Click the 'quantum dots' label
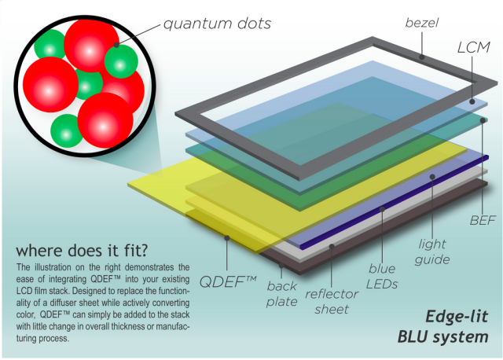coord(217,24)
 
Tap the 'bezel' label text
coord(421,23)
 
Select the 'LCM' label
coord(473,47)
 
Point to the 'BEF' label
coord(483,220)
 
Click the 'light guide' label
coord(432,252)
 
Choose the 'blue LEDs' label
coord(382,276)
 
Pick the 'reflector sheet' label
coord(332,302)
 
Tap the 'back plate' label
coord(281,294)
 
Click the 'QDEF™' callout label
coord(227,282)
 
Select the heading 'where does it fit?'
coord(82,250)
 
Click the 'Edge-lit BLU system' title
coord(443,327)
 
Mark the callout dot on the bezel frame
coord(422,57)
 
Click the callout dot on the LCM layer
coord(472,101)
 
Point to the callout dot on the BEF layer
coord(483,120)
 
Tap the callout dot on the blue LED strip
coord(382,209)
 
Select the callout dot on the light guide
coord(432,177)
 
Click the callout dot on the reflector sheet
coord(332,246)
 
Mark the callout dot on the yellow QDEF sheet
coord(227,237)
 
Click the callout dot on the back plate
coord(281,266)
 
